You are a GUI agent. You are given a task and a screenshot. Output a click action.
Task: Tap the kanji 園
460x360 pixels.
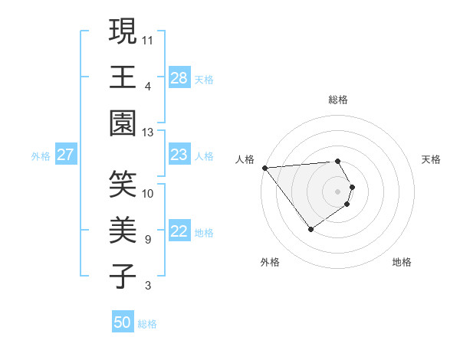123,123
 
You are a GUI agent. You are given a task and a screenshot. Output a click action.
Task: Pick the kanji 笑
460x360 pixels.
123,185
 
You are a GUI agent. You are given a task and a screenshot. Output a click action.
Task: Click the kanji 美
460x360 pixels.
123,231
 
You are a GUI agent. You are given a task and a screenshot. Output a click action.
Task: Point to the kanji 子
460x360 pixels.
123,277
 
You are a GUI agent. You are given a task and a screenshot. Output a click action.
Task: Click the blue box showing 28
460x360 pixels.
179,78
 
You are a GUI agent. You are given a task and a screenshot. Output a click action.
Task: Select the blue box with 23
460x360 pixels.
179,155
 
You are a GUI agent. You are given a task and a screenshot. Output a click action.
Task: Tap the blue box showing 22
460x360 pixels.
179,232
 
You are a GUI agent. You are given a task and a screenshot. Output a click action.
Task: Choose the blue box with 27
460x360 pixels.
66,155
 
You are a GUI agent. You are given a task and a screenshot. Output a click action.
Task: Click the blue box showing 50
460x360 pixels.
123,322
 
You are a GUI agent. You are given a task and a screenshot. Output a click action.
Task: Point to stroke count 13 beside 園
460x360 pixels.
148,133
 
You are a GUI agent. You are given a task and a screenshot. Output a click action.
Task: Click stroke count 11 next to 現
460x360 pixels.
148,38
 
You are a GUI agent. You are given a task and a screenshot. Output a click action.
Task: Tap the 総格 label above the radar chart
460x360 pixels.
338,100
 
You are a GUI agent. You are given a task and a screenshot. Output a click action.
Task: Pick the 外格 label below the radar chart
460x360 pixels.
269,262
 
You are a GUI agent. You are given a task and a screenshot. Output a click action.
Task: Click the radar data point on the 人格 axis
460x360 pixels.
264,168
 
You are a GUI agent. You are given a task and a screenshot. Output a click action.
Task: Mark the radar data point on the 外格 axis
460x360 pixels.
310,229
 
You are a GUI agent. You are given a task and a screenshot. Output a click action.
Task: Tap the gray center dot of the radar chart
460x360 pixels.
337,191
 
